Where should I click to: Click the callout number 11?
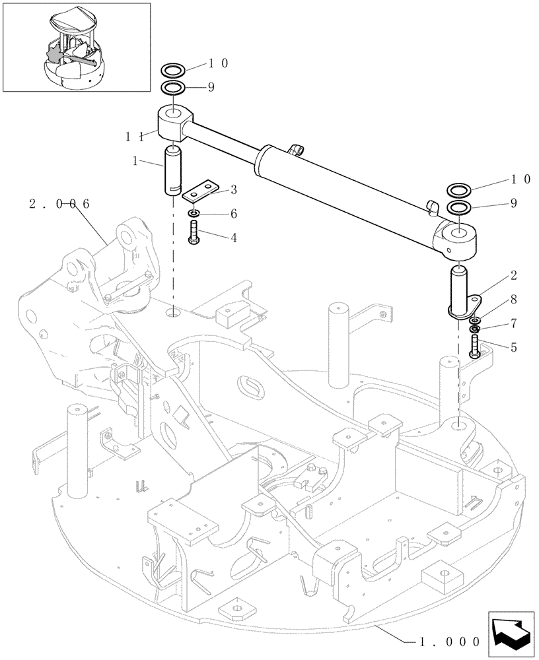point(135,136)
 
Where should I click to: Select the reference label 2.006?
point(59,204)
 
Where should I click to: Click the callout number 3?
point(233,190)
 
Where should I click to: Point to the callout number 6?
point(233,214)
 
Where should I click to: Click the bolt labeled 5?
point(476,346)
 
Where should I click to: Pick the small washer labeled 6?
point(194,214)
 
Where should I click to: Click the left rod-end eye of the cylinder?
point(174,123)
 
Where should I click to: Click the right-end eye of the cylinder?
point(456,240)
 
